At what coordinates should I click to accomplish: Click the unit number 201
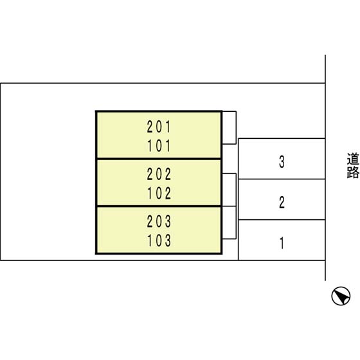(x=159, y=127)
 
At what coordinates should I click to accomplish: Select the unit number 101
(x=159, y=146)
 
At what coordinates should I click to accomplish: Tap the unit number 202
(x=159, y=174)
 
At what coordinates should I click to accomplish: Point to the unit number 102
(x=159, y=193)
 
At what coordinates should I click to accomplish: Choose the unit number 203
(x=159, y=221)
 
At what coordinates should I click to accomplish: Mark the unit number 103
(x=159, y=240)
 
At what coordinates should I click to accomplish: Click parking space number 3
(x=282, y=162)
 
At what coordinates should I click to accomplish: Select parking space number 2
(x=282, y=203)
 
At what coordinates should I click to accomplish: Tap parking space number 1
(x=282, y=243)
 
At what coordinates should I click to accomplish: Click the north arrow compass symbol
(x=341, y=296)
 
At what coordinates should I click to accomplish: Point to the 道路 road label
(x=353, y=166)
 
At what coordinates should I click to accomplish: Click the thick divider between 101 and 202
(x=159, y=159)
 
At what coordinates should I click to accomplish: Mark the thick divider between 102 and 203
(x=159, y=206)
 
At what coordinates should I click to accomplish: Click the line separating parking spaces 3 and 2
(x=282, y=179)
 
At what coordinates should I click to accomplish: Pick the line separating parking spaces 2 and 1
(x=282, y=220)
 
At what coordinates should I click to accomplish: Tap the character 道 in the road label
(x=353, y=159)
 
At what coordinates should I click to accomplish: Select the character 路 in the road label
(x=353, y=172)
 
